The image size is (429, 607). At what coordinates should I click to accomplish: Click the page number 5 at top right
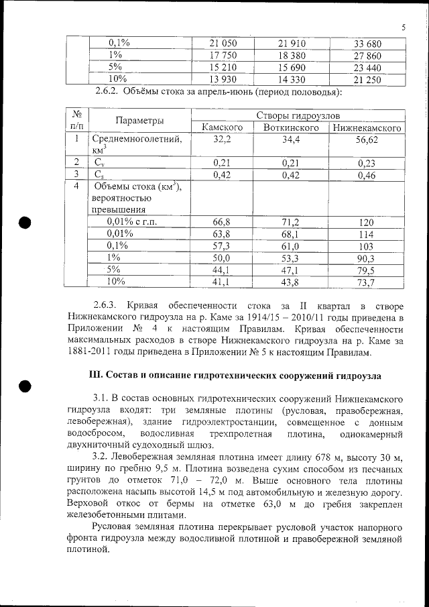click(x=404, y=27)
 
